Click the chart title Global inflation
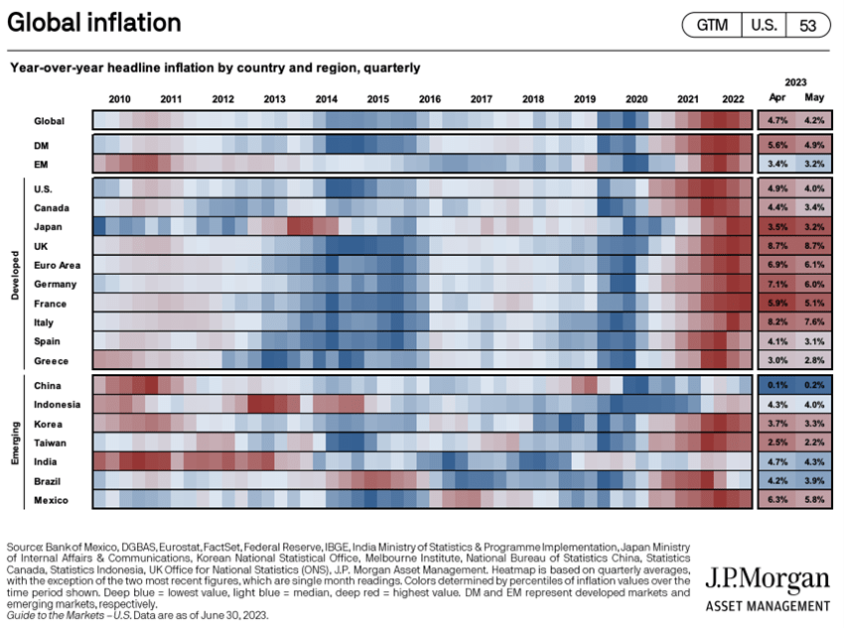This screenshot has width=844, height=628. coord(94,23)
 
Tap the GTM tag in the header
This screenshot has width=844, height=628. coord(711,26)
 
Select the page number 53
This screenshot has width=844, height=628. coord(806,26)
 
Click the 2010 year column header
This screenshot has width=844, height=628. coord(119,99)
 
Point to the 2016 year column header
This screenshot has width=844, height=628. coord(430,99)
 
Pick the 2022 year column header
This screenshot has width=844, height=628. coord(733,99)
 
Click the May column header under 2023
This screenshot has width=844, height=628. coord(814,98)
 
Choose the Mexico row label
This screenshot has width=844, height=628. coord(51,499)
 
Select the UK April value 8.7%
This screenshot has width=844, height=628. coord(776,246)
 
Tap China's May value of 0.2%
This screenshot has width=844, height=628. coord(814,386)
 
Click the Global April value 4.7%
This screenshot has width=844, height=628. coord(776,121)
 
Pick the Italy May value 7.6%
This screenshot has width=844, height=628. coord(814,322)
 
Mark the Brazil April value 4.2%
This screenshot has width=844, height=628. coord(776,480)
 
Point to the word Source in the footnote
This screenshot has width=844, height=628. coord(24,547)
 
